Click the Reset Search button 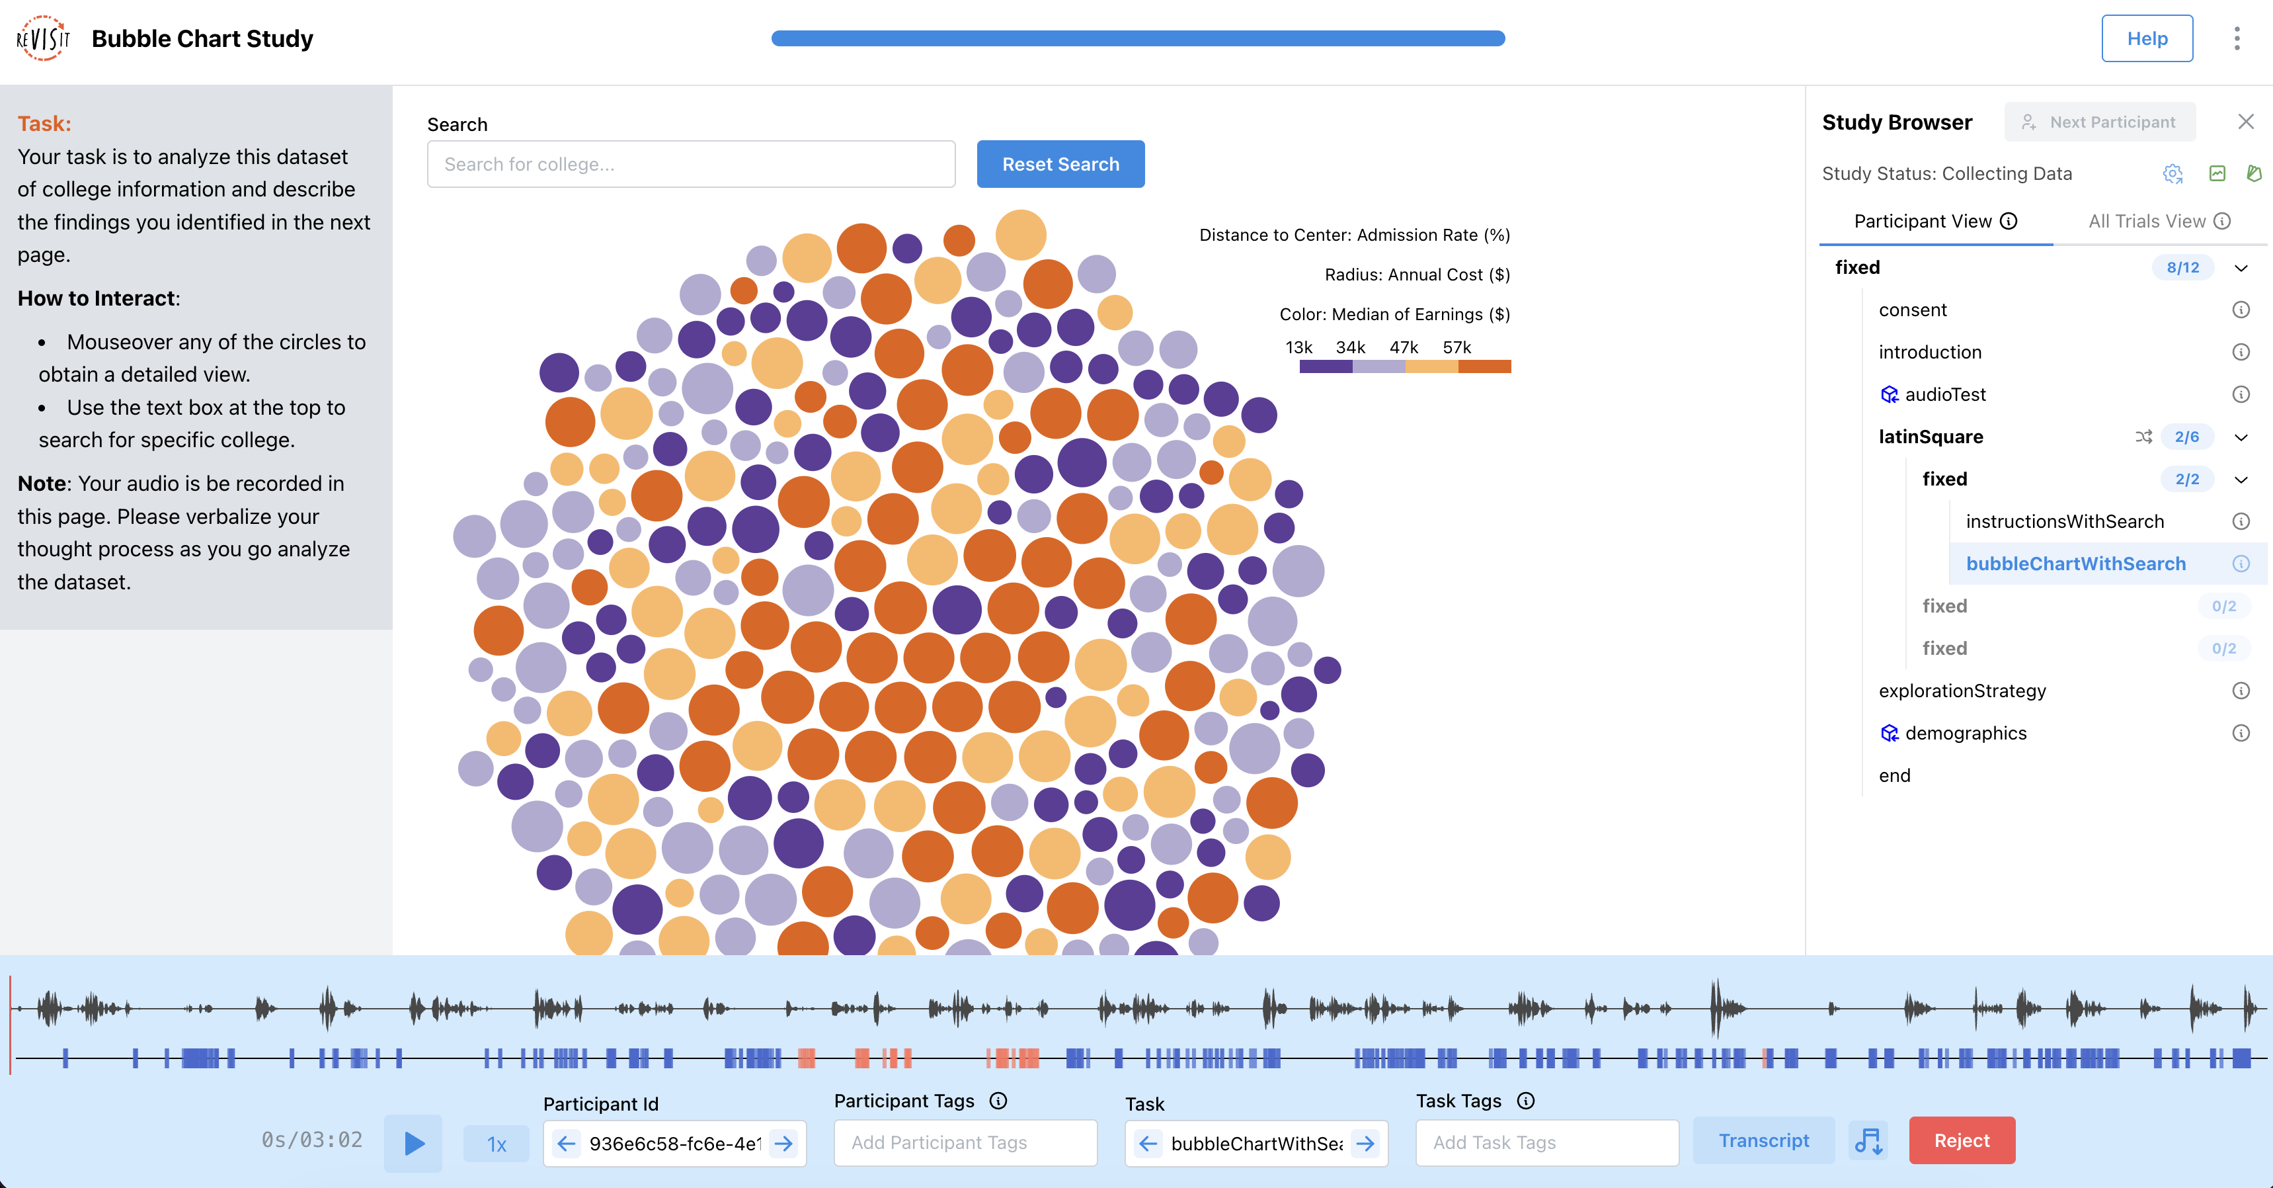click(1060, 164)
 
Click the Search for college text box click(690, 164)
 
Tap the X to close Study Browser click(2246, 122)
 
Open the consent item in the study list click(1912, 310)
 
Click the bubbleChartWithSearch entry click(2075, 564)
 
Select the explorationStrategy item click(1962, 691)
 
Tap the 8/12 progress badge click(2182, 267)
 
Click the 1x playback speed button click(496, 1144)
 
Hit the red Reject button click(1961, 1140)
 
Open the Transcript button click(1763, 1140)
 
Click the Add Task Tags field click(1546, 1143)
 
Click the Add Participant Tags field click(965, 1143)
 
